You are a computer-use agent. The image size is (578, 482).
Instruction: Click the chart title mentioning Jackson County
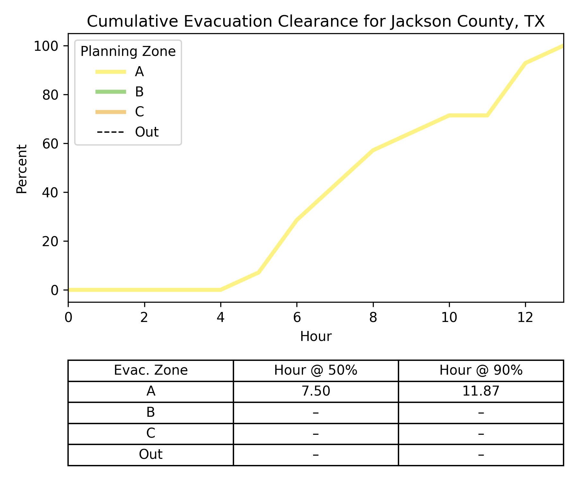pos(316,22)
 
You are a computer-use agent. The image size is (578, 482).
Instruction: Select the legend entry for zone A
pos(139,72)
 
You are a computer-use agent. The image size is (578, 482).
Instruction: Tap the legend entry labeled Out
pos(146,132)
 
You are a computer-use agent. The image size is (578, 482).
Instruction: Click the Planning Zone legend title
pos(128,51)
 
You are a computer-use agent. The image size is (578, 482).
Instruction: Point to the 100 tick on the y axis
pos(46,46)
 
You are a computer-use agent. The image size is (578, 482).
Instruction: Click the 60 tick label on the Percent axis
pos(50,144)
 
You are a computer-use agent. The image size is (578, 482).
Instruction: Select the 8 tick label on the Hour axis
pos(373,318)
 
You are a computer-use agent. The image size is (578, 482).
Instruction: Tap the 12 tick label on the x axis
pos(525,318)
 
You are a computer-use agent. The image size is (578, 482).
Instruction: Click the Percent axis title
pos(22,169)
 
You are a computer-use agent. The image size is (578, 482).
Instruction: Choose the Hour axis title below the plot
pos(316,336)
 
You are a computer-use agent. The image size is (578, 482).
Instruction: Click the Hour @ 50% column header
pos(316,370)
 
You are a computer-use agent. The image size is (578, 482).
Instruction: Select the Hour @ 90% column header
pos(481,370)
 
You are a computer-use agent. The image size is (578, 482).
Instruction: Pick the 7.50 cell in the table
pos(316,391)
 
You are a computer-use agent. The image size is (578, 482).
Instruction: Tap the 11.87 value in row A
pos(481,391)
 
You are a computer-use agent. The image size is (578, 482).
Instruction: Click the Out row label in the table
pos(151,454)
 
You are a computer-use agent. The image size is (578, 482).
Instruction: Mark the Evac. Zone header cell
pos(151,370)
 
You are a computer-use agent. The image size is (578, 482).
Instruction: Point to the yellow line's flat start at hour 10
pos(449,115)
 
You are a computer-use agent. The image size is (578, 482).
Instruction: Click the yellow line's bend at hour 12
pos(525,63)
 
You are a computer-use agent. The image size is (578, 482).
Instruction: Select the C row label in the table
pos(151,433)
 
